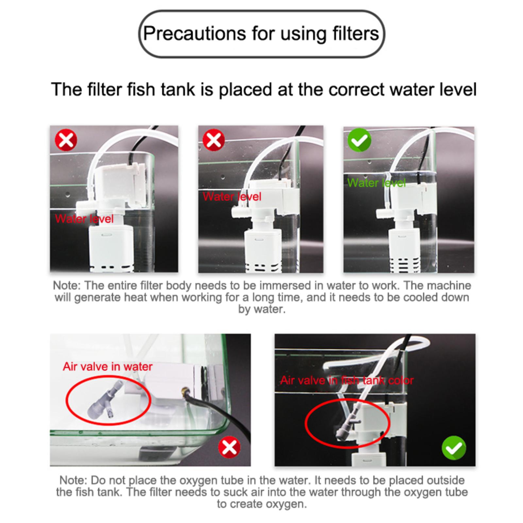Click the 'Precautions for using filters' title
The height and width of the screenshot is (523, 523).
coord(261,34)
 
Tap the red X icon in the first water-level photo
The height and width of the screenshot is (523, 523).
coord(66,140)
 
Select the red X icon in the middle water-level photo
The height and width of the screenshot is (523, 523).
coord(214,141)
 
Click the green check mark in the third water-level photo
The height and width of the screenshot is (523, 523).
coord(359,140)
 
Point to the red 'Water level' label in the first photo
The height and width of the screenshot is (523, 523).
coord(84,218)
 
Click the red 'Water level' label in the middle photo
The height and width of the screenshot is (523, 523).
coord(232,196)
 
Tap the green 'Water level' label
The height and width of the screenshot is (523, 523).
coord(376,182)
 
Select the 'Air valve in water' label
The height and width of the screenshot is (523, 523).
coord(108,366)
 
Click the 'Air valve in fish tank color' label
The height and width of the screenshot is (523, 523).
coord(347,380)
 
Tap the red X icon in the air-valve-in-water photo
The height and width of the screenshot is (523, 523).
coord(229,447)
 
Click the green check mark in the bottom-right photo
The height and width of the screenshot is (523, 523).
coord(454,447)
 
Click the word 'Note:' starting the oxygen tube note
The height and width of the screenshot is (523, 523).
coord(74,480)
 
